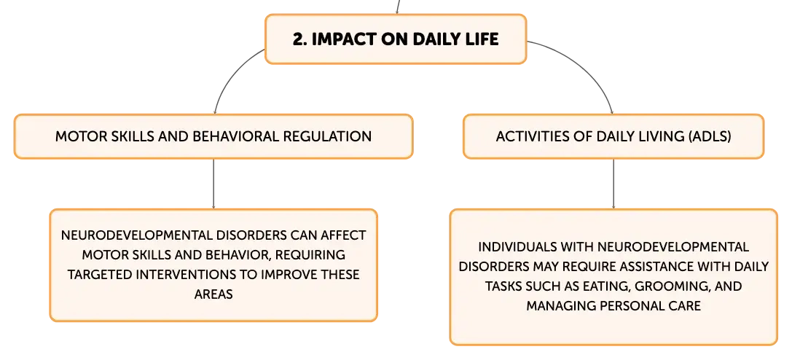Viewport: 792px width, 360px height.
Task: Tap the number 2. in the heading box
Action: click(299, 39)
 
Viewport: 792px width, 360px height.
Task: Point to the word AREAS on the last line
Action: click(213, 294)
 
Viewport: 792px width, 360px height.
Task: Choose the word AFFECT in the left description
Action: click(343, 235)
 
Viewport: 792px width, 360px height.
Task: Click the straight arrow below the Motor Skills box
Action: click(213, 184)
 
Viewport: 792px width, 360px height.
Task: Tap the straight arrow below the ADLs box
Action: click(613, 184)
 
